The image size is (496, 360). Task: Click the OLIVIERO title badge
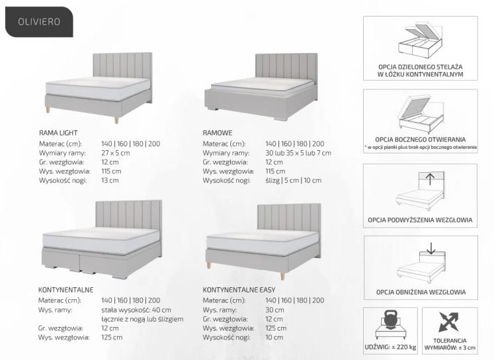39,22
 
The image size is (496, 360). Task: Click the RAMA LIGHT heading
58,133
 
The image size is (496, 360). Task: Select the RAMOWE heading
218,133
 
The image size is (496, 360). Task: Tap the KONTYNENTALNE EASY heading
239,290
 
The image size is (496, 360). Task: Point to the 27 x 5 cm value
116,153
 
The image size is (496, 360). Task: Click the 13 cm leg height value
110,181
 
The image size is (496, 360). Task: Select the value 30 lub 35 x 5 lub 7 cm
298,153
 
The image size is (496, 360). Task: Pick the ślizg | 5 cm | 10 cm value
293,181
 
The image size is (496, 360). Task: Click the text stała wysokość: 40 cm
136,310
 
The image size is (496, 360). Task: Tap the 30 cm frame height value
274,310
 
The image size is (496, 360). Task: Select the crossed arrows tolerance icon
448,322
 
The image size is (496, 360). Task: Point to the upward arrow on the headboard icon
431,179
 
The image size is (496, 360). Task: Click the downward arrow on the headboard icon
431,249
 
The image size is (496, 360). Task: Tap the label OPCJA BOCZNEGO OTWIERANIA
421,140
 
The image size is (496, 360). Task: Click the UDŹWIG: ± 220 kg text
390,347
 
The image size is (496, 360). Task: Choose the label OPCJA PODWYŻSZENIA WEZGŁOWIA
420,220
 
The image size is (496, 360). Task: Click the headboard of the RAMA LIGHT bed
122,66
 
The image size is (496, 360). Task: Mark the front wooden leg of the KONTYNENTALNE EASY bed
282,274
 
